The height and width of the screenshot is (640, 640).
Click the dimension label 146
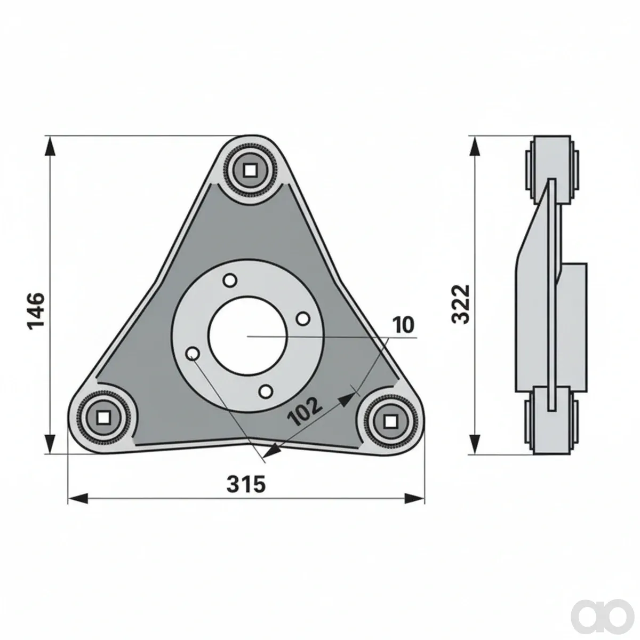tap(36, 311)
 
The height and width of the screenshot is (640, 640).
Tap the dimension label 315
tap(246, 484)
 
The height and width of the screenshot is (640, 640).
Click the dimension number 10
tap(404, 325)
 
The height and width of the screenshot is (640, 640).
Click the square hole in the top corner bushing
tap(250, 171)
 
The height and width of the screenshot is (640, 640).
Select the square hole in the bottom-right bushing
tap(389, 422)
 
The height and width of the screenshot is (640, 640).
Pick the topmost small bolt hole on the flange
tap(230, 281)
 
